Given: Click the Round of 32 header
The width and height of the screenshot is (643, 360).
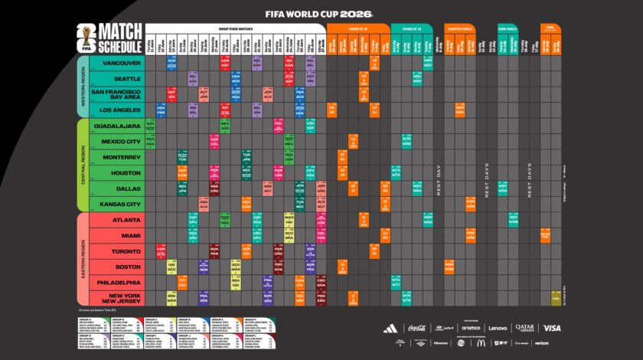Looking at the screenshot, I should click(x=357, y=28).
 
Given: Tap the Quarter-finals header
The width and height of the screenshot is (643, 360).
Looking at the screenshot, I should click(x=459, y=28).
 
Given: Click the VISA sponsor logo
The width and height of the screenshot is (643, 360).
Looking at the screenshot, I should click(x=552, y=328).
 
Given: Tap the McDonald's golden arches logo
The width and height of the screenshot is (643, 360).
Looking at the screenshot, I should click(x=481, y=343).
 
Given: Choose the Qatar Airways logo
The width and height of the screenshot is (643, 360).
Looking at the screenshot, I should click(x=524, y=328).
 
